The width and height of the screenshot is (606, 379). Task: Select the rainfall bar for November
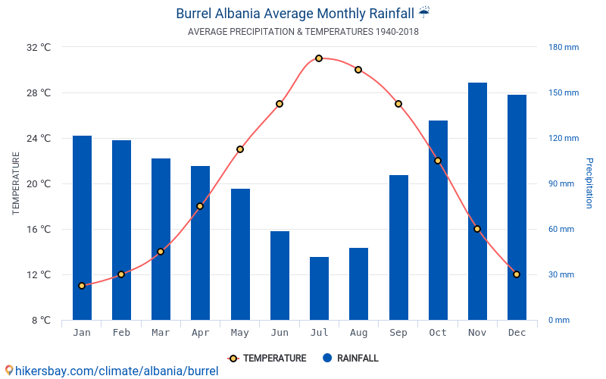pos(477,201)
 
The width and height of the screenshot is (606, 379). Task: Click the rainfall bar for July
pos(319,288)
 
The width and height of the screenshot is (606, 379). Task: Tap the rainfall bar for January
pos(82,227)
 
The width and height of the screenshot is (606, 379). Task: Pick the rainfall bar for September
pos(398,247)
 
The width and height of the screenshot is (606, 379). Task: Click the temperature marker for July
pos(319,58)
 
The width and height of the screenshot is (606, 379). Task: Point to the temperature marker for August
pos(358,70)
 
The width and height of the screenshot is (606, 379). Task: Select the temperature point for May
pos(240,149)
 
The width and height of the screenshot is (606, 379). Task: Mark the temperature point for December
pos(517,274)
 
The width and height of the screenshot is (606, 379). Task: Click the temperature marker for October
pos(438,161)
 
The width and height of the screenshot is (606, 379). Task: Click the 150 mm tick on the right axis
pos(564,92)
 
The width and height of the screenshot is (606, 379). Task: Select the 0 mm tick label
pos(559,320)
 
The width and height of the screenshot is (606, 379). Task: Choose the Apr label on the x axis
pos(200,333)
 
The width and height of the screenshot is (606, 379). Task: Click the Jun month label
pos(280,333)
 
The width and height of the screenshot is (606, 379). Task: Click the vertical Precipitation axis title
pos(589,183)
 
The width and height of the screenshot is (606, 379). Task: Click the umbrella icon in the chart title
pos(424,12)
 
